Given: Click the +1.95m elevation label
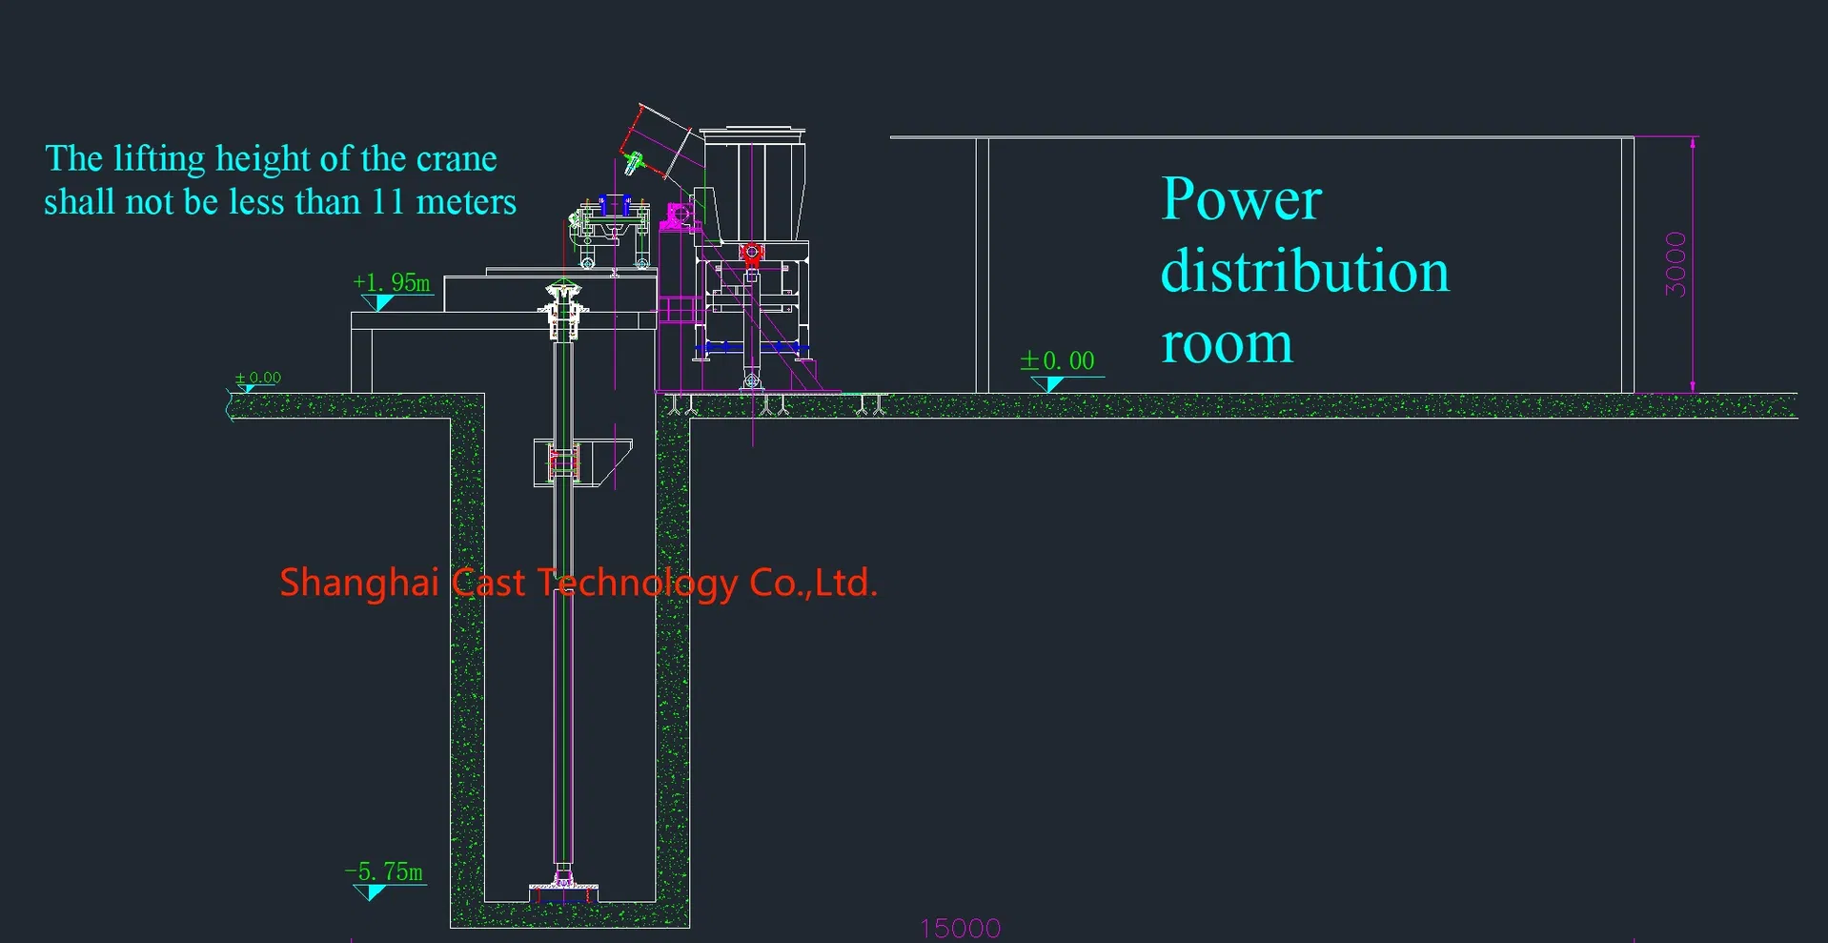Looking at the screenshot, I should [392, 283].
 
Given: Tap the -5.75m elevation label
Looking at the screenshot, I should [384, 872].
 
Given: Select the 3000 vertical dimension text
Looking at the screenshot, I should [1676, 264].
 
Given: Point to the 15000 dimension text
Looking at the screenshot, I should [960, 928].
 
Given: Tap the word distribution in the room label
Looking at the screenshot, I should [1305, 272].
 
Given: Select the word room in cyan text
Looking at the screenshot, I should [1227, 344].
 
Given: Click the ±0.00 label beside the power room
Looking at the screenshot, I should [1058, 361].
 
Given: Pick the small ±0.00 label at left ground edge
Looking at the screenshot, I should [258, 379].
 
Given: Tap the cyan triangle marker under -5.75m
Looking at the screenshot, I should [371, 892].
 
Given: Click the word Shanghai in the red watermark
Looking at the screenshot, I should [359, 583].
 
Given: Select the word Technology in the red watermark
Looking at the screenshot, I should [638, 583].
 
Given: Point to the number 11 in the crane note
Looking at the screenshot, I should [389, 202].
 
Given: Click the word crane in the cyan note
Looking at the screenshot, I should [457, 158].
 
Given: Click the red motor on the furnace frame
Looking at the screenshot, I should [752, 253].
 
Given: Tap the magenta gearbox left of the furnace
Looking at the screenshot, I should [679, 215].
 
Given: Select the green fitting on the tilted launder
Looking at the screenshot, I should [631, 162].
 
